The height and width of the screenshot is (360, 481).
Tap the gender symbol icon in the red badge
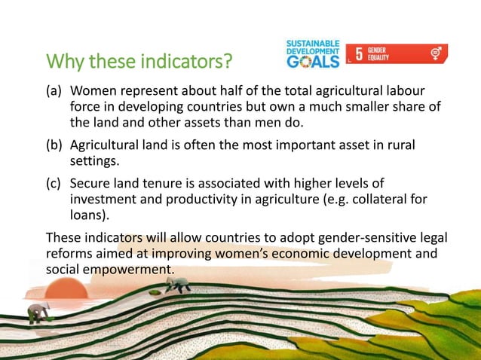436,53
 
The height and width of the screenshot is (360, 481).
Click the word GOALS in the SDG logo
313,61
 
